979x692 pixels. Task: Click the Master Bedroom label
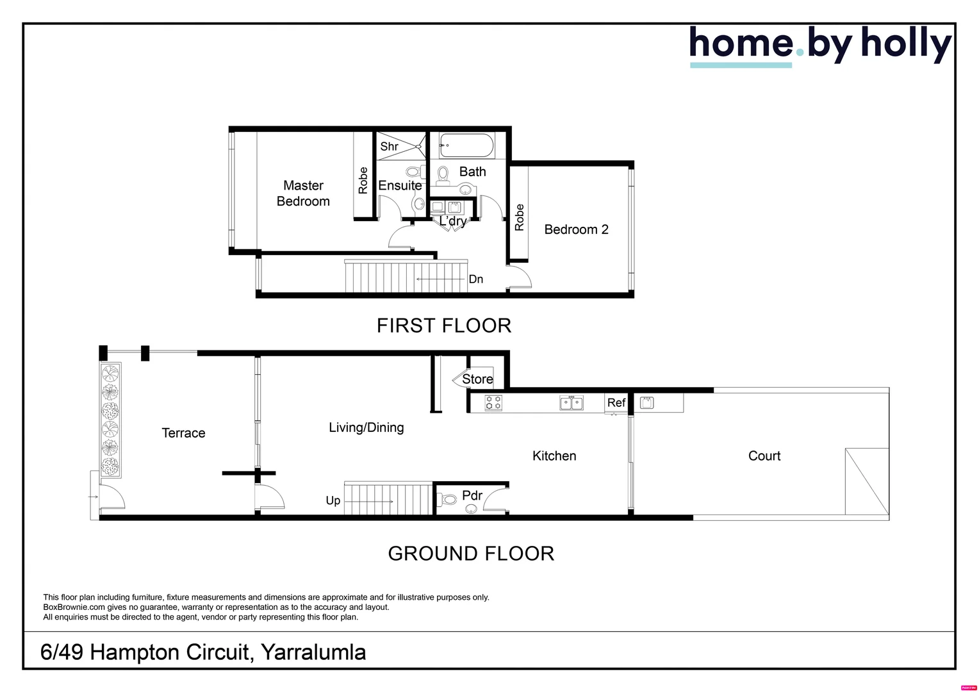tap(303, 194)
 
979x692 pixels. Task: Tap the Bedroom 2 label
tap(576, 229)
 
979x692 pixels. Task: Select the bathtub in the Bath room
tap(466, 145)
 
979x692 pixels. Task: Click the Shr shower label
tap(389, 146)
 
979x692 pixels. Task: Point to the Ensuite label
tap(400, 185)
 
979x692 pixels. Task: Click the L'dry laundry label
tap(453, 221)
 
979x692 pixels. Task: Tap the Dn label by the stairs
tap(475, 279)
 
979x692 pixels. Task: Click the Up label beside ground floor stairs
tap(333, 500)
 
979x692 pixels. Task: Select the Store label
tap(477, 379)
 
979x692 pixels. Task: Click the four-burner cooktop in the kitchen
tap(493, 402)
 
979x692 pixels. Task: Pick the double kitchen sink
tap(572, 402)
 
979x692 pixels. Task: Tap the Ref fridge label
tap(616, 402)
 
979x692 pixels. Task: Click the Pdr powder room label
tap(472, 495)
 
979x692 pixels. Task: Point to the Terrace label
tap(183, 432)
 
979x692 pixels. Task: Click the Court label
tap(764, 456)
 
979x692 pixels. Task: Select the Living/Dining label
tap(366, 427)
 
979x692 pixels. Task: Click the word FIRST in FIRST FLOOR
tap(406, 325)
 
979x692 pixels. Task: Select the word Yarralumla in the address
tap(313, 652)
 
